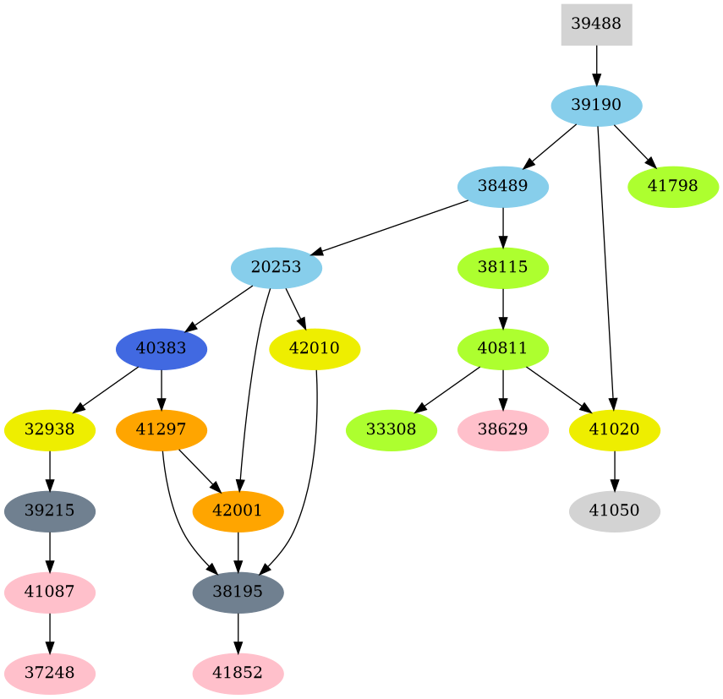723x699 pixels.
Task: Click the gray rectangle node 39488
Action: coord(596,25)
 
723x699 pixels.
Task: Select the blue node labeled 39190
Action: coord(596,106)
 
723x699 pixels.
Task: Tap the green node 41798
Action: coord(673,187)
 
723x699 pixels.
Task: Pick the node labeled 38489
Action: coord(503,187)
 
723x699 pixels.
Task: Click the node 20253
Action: coord(276,268)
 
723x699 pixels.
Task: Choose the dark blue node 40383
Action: coord(162,349)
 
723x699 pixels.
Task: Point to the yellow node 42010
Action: coord(315,349)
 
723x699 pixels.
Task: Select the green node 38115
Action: coord(503,268)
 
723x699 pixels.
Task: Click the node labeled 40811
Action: coord(503,349)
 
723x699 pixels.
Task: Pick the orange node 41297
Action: coord(162,430)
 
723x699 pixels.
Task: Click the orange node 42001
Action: coord(238,511)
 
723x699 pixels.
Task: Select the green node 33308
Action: coord(391,430)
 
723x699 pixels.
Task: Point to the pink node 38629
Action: coord(503,430)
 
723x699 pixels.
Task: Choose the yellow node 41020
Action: coord(615,430)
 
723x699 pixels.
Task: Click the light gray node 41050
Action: coord(615,511)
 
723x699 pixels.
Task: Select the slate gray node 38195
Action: coord(238,593)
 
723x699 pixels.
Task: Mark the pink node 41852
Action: coord(238,674)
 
